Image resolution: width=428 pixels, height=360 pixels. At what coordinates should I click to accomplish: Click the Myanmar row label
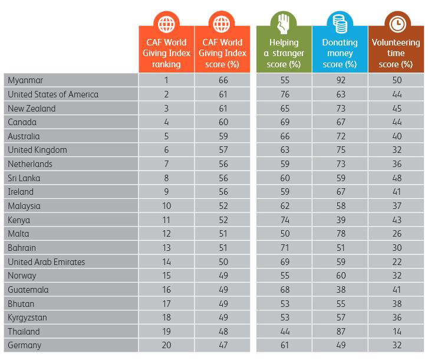[25, 80]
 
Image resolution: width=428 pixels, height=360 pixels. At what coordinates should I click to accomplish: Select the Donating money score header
[340, 53]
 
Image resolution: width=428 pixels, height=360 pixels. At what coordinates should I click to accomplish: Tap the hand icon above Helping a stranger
[283, 24]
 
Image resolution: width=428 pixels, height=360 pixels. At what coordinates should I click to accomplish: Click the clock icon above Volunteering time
[396, 24]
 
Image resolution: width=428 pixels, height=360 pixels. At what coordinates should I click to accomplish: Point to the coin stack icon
[340, 24]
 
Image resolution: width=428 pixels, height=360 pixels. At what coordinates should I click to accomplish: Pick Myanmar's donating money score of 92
[340, 80]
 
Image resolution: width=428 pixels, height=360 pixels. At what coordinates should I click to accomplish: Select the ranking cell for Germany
[166, 345]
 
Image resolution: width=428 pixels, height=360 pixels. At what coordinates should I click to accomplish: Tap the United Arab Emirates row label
[47, 262]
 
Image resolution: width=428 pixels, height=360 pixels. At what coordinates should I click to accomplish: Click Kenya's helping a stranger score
[283, 220]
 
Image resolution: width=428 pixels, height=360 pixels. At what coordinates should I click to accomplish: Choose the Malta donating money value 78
[340, 234]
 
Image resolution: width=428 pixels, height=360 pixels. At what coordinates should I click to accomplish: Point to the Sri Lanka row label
[25, 178]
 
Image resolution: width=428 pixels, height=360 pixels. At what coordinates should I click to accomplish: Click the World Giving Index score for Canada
[222, 122]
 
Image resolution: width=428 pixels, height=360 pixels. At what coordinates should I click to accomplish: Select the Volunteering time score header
[396, 53]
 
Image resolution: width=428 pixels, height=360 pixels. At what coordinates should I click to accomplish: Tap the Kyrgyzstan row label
[27, 318]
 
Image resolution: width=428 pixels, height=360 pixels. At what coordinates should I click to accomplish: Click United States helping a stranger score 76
[283, 94]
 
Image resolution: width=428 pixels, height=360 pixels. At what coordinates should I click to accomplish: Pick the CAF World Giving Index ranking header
[166, 53]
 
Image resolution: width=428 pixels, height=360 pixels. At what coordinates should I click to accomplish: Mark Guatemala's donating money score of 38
[340, 290]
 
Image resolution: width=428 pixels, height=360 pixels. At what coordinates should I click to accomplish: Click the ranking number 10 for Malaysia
[166, 206]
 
